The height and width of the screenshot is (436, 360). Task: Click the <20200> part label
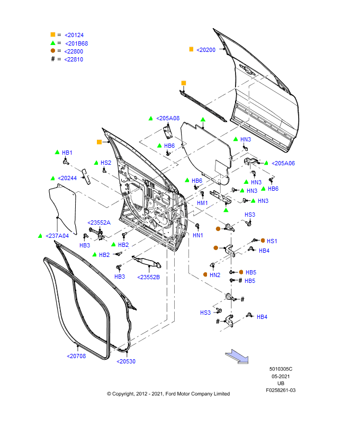point(206,50)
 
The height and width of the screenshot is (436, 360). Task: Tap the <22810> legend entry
point(74,59)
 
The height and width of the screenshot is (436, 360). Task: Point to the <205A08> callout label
point(168,118)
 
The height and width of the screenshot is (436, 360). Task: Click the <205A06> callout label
point(283,163)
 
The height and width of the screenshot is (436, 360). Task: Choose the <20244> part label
point(67,178)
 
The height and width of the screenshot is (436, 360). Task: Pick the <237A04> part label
point(57,236)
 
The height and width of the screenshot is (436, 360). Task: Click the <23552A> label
point(99,223)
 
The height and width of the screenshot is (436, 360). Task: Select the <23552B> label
point(148,277)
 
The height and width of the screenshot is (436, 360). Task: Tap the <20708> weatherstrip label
point(76,356)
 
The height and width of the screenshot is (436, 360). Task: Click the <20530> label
point(126,361)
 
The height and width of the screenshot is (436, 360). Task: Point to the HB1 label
point(67,153)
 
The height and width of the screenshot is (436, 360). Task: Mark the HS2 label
point(106,163)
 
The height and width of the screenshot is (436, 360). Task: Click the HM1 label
point(202,203)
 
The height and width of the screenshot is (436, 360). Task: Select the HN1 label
point(197,235)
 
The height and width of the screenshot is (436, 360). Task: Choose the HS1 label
point(272,241)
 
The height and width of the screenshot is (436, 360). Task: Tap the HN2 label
point(214,275)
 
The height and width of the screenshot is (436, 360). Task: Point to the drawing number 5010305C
point(281,369)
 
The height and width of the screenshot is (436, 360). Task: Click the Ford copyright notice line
point(168,394)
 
